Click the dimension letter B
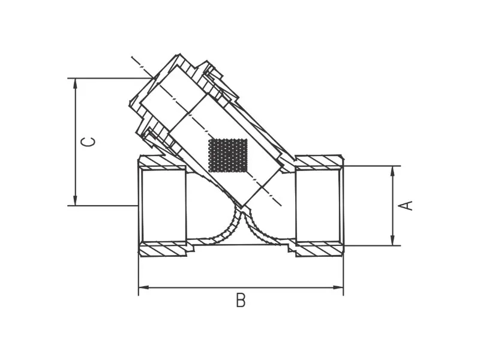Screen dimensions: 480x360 pyautogui.click(x=241, y=301)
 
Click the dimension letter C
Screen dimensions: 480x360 pyautogui.click(x=88, y=142)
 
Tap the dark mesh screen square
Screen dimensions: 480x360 pyautogui.click(x=227, y=155)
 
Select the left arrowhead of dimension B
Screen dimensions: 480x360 pyautogui.click(x=144, y=287)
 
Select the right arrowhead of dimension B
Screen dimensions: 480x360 pyautogui.click(x=338, y=287)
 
